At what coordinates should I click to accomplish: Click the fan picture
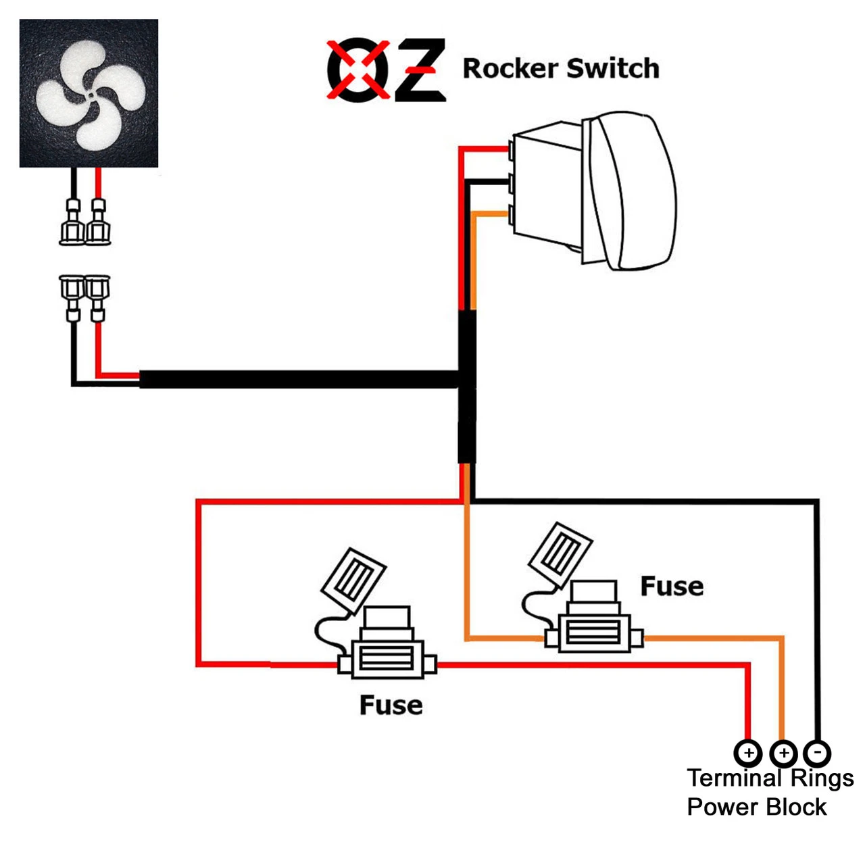(x=89, y=93)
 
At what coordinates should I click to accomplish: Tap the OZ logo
(x=386, y=70)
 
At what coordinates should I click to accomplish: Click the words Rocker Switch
(x=560, y=69)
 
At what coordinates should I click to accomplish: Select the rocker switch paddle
(x=632, y=191)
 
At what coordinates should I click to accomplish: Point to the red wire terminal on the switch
(x=512, y=149)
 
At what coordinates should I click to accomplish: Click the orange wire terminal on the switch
(x=512, y=215)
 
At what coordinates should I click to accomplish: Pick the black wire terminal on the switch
(x=512, y=182)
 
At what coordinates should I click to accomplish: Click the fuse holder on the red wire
(x=387, y=656)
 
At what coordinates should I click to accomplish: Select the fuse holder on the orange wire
(x=593, y=628)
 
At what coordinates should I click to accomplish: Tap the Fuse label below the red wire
(x=391, y=706)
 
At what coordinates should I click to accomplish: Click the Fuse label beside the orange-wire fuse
(x=672, y=587)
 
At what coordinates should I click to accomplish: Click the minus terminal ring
(x=817, y=752)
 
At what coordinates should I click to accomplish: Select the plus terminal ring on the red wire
(x=747, y=752)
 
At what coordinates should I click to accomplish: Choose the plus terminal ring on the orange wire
(x=783, y=752)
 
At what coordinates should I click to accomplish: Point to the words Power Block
(x=757, y=807)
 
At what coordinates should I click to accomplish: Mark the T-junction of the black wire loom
(x=466, y=380)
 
